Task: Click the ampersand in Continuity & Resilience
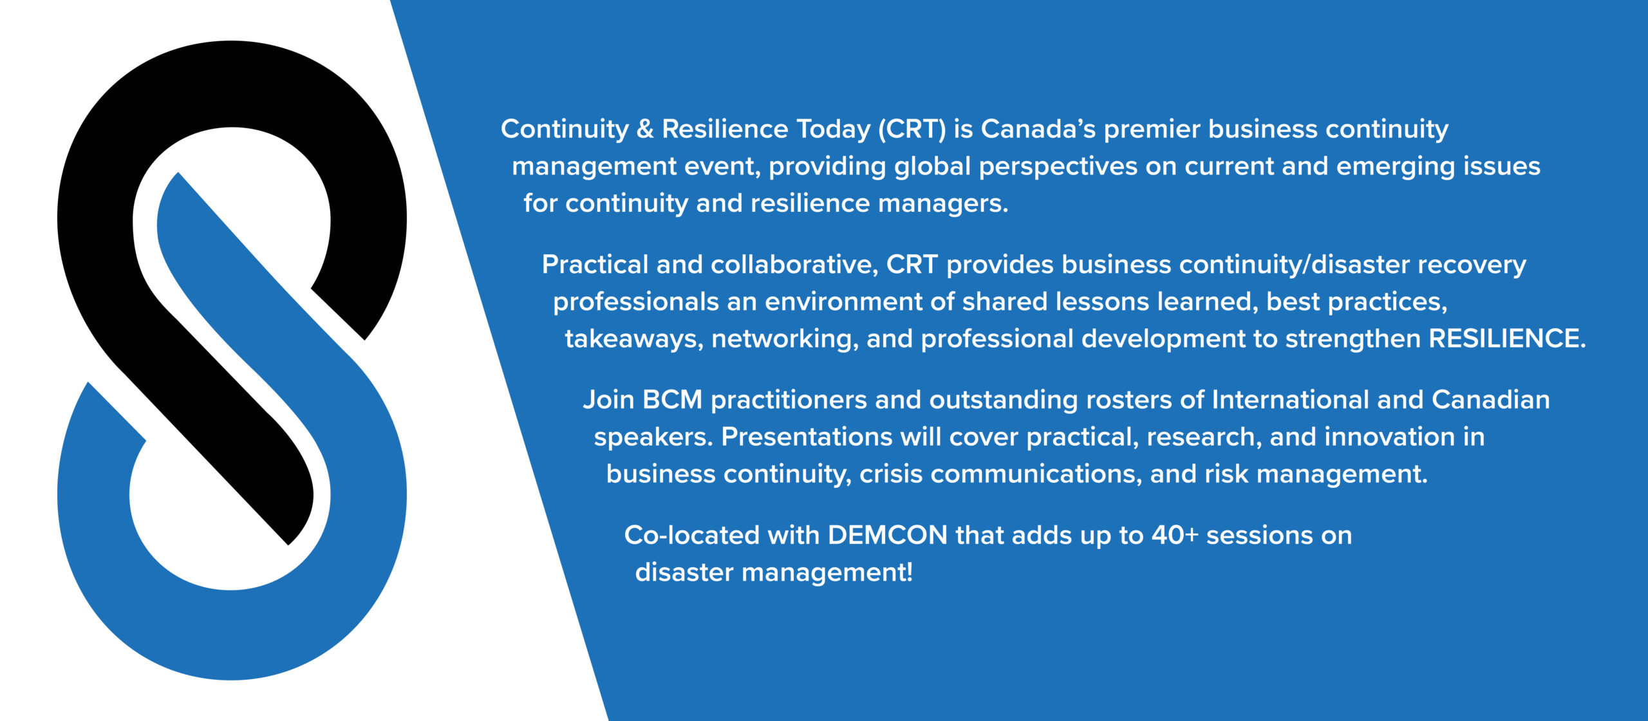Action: [645, 129]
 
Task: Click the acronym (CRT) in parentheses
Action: [912, 129]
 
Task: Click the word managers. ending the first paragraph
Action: [942, 204]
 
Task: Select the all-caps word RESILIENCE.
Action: [1507, 339]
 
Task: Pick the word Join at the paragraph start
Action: [608, 400]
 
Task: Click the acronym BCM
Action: [672, 400]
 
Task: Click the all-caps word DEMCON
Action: [887, 536]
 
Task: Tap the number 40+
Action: [1174, 536]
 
